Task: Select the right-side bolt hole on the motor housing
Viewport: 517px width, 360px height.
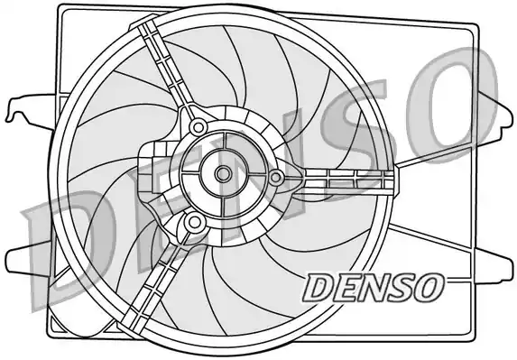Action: pyautogui.click(x=276, y=177)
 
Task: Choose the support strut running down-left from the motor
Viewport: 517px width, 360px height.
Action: pyautogui.click(x=153, y=280)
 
